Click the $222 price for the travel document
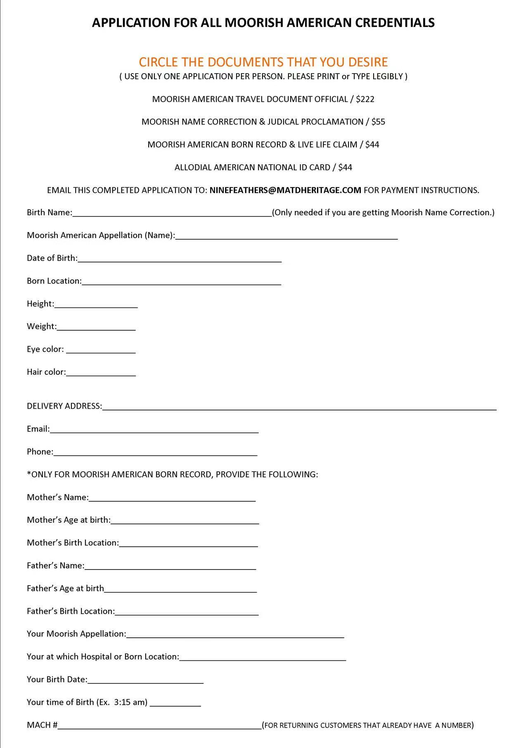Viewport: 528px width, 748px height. [x=365, y=99]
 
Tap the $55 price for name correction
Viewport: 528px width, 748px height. [x=378, y=122]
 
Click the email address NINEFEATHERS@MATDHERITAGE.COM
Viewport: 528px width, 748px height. [x=285, y=190]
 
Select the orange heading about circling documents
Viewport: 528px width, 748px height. [x=263, y=62]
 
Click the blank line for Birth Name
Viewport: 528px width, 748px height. [x=172, y=214]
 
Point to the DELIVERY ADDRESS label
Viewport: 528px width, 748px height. [x=64, y=406]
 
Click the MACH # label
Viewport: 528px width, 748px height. [x=42, y=725]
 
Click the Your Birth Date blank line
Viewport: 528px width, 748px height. [x=145, y=681]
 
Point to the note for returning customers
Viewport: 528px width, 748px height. [x=368, y=725]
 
